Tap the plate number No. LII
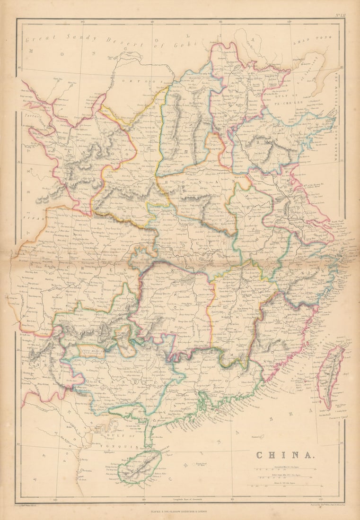(x=341, y=16)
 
